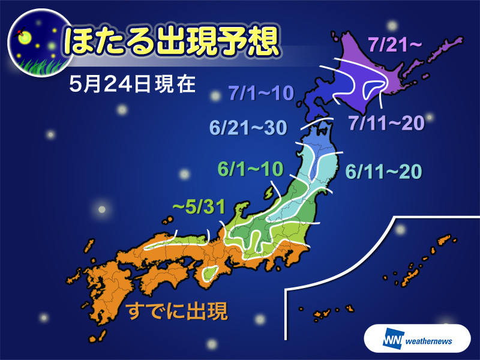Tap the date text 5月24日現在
[133, 85]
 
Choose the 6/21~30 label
[247, 127]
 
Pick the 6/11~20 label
[384, 172]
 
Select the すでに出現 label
[177, 312]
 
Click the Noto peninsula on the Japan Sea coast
[240, 210]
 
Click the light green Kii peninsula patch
[210, 273]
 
